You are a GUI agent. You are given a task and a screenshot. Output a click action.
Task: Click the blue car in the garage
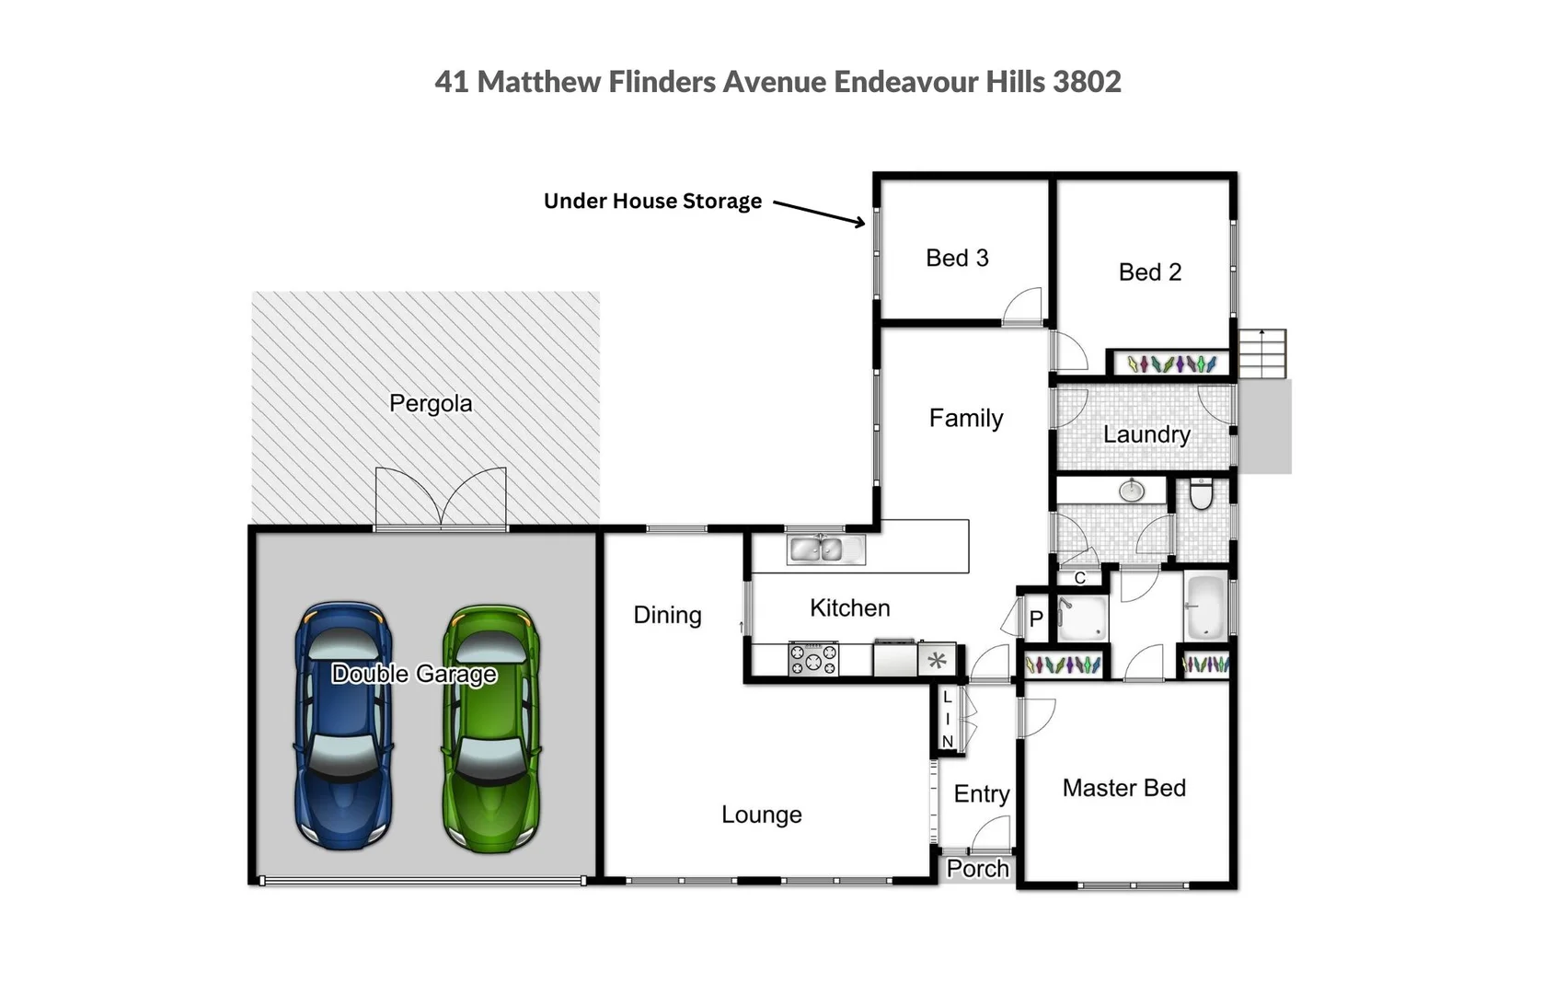(x=343, y=727)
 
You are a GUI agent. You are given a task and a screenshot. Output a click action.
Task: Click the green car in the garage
(x=491, y=727)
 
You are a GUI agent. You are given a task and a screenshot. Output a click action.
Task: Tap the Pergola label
(x=431, y=403)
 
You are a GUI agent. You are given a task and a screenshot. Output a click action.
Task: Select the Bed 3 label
(x=957, y=258)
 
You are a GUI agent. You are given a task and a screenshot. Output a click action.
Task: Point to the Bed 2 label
(x=1149, y=272)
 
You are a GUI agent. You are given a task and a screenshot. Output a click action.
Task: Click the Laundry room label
(x=1146, y=434)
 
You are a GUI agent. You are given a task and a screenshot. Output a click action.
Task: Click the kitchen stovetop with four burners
(x=813, y=659)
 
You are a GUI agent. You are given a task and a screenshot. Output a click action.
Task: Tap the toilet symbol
(x=1201, y=494)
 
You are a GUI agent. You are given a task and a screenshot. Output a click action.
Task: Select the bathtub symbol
(x=1205, y=607)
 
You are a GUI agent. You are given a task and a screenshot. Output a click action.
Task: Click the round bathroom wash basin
(x=1131, y=491)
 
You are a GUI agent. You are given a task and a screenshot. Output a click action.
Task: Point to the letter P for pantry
(x=1036, y=619)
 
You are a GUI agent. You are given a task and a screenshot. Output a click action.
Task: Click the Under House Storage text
(x=652, y=201)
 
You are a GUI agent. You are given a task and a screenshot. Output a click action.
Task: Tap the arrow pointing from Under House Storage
(x=819, y=213)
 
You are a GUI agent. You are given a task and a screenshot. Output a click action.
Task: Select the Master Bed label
(x=1123, y=788)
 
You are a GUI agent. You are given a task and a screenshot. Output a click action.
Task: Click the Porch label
(x=977, y=869)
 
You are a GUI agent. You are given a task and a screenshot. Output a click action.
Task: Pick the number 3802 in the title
(x=1087, y=82)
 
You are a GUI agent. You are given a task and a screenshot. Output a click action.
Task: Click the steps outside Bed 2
(x=1261, y=353)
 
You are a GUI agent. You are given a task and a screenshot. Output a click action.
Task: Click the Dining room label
(x=667, y=615)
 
